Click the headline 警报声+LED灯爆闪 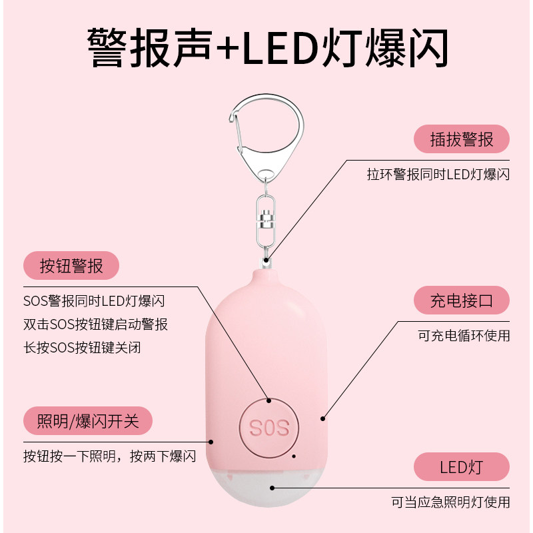click(x=266, y=47)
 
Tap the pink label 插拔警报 click(x=461, y=139)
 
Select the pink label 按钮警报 click(x=71, y=266)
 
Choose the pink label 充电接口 click(x=461, y=300)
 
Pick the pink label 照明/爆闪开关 click(x=87, y=420)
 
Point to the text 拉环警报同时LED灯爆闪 click(x=438, y=175)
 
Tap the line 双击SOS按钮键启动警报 click(x=95, y=324)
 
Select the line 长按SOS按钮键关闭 click(x=82, y=347)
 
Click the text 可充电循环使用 click(x=464, y=335)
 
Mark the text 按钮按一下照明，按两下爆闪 click(x=110, y=456)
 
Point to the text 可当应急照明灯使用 click(x=450, y=502)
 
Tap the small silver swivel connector click(x=266, y=219)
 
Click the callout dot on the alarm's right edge click(x=322, y=418)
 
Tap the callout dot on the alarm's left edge click(x=211, y=441)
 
